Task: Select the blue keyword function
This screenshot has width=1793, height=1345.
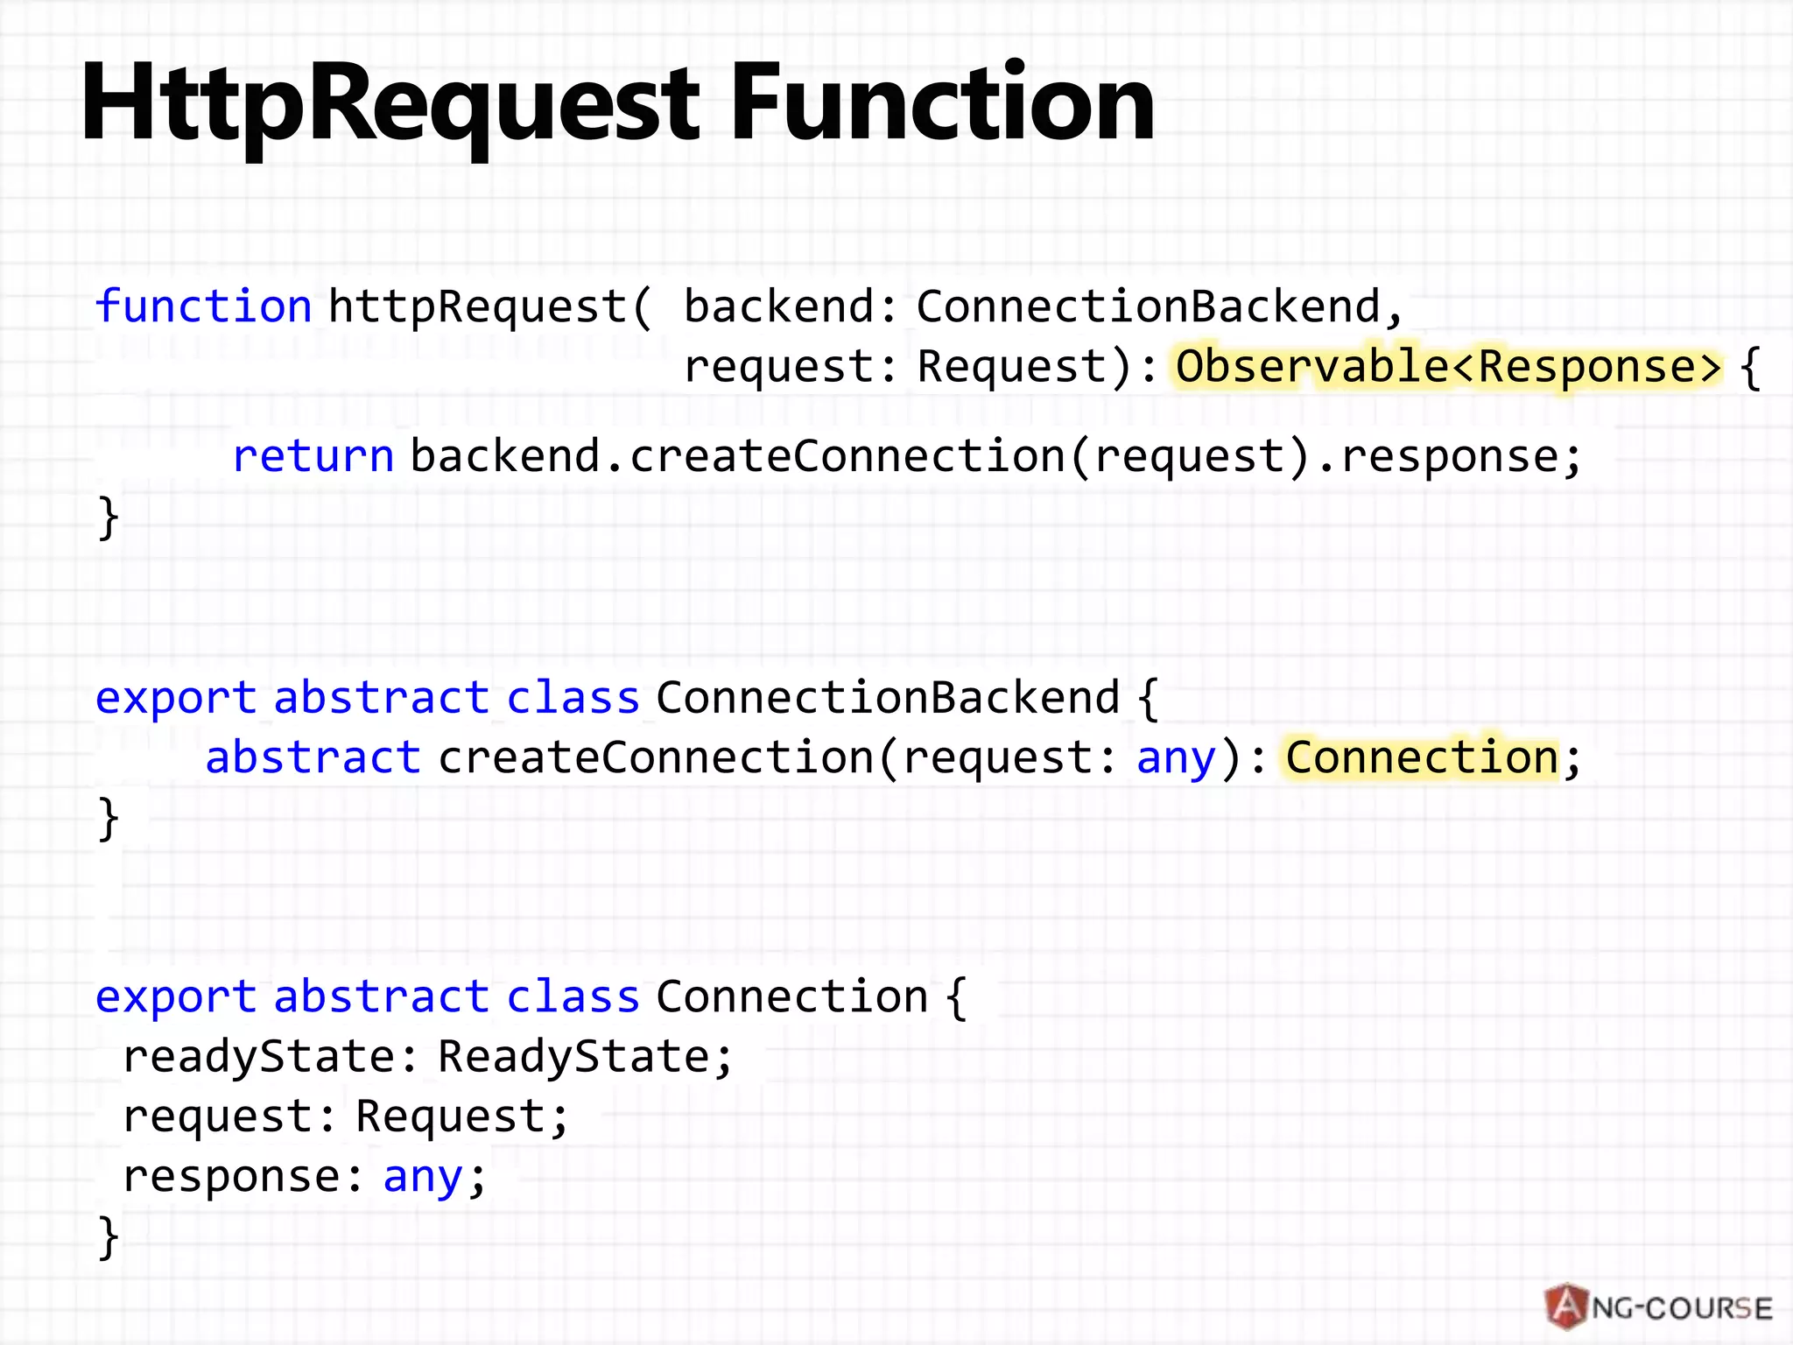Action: [203, 306]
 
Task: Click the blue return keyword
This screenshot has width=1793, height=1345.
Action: [313, 456]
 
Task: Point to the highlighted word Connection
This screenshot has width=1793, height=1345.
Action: [1422, 757]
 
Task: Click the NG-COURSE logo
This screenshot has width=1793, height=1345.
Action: [1658, 1307]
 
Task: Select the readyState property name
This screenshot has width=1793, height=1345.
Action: [259, 1056]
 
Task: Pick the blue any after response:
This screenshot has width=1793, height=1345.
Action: [423, 1177]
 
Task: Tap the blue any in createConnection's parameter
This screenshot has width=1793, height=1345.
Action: [1176, 757]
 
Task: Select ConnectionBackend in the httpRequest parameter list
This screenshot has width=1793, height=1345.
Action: [1148, 306]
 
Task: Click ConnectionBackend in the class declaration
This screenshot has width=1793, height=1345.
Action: [888, 698]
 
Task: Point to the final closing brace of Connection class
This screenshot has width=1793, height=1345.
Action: [109, 1237]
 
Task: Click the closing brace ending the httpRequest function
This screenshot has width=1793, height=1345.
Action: [109, 518]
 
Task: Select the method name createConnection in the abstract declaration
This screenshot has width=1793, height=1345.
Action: [656, 757]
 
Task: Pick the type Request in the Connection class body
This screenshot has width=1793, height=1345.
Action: [451, 1116]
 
